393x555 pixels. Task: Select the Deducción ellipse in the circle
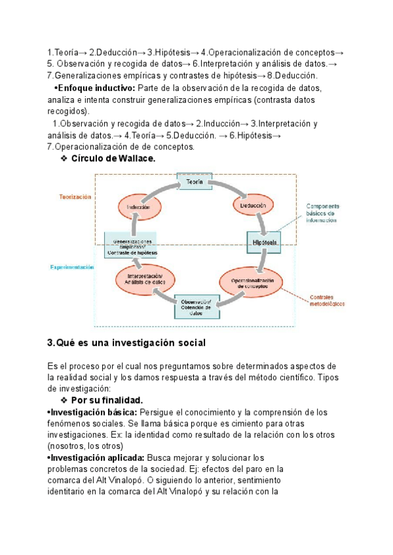pyautogui.click(x=252, y=206)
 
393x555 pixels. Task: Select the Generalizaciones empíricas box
pyautogui.click(x=131, y=244)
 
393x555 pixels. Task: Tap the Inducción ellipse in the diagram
pyautogui.click(x=139, y=207)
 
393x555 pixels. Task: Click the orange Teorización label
pyautogui.click(x=75, y=196)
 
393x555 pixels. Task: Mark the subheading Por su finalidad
pyautogui.click(x=107, y=400)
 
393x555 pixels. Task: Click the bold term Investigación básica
pyautogui.click(x=92, y=412)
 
